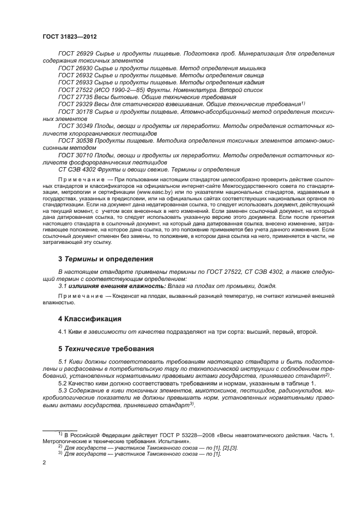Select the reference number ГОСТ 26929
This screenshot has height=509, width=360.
click(x=75, y=53)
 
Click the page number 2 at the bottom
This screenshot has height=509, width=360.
click(x=44, y=462)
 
